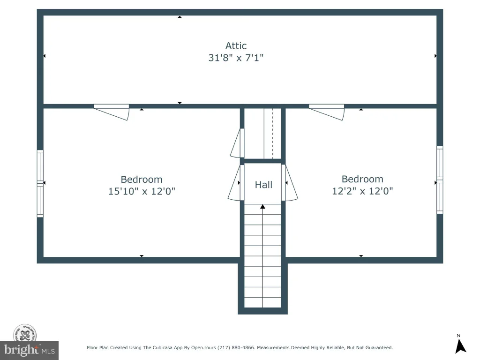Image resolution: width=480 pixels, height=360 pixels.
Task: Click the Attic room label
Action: (x=236, y=46)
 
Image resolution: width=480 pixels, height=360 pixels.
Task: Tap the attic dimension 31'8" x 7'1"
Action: (x=236, y=58)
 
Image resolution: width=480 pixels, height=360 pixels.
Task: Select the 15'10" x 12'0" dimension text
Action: (x=142, y=191)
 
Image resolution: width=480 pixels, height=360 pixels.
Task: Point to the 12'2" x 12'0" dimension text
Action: (x=362, y=191)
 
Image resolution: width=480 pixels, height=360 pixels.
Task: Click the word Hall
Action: (x=263, y=185)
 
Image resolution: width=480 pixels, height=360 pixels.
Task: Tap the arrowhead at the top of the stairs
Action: (x=262, y=207)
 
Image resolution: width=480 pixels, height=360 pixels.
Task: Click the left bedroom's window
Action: (x=40, y=183)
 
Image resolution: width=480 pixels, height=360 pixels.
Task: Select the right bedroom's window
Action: (x=440, y=180)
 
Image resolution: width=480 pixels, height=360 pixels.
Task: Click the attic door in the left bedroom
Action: (x=112, y=112)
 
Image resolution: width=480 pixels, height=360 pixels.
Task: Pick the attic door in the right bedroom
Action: (x=327, y=112)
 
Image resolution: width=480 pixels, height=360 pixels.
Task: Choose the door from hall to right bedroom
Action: (x=289, y=183)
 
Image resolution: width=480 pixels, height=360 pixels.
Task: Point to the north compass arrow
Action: (x=460, y=346)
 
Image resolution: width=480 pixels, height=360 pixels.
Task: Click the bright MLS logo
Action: (x=30, y=350)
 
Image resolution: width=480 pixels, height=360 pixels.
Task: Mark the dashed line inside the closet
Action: (x=273, y=134)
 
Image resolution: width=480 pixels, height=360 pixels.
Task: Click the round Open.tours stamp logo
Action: (x=25, y=334)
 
